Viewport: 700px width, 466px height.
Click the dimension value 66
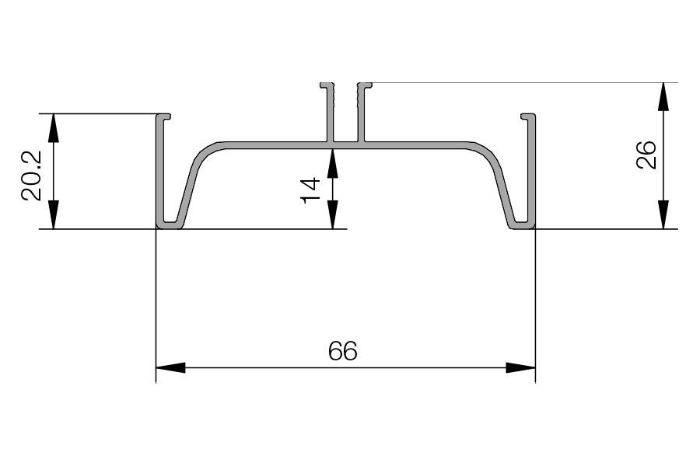(342, 351)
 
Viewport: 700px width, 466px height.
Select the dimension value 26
(646, 155)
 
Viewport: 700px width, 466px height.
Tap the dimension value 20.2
(31, 176)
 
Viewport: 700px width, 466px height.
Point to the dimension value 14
(310, 190)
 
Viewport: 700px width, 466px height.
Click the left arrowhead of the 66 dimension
(170, 368)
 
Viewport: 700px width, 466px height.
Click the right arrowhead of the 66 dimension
(520, 368)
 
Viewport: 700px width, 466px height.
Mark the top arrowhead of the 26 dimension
(663, 96)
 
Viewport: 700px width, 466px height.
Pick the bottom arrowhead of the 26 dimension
(663, 214)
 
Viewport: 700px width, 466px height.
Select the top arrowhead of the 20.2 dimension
(53, 128)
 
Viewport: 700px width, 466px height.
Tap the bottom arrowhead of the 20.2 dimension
(53, 214)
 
